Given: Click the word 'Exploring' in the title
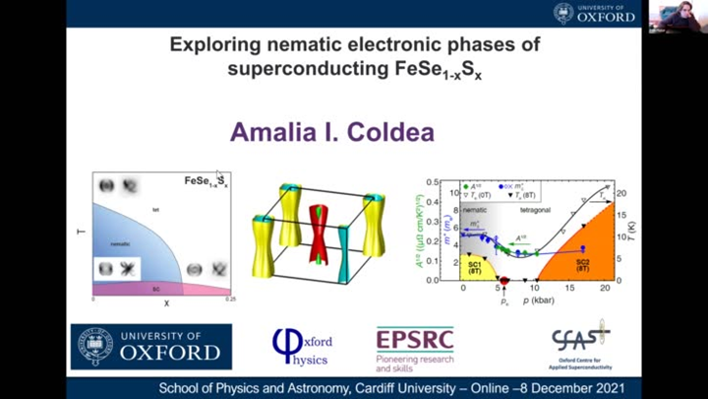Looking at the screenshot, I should click(219, 44).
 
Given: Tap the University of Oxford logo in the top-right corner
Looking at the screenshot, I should click(596, 13).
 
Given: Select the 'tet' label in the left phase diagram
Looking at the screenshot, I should click(155, 210).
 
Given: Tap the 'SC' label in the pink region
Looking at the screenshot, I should click(156, 290).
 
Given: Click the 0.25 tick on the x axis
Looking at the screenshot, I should click(229, 298).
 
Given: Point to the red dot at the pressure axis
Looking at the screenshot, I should click(504, 281).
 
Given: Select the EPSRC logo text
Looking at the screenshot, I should click(414, 340).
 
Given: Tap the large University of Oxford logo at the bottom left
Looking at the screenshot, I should click(151, 346).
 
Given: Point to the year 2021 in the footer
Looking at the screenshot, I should click(616, 388).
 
